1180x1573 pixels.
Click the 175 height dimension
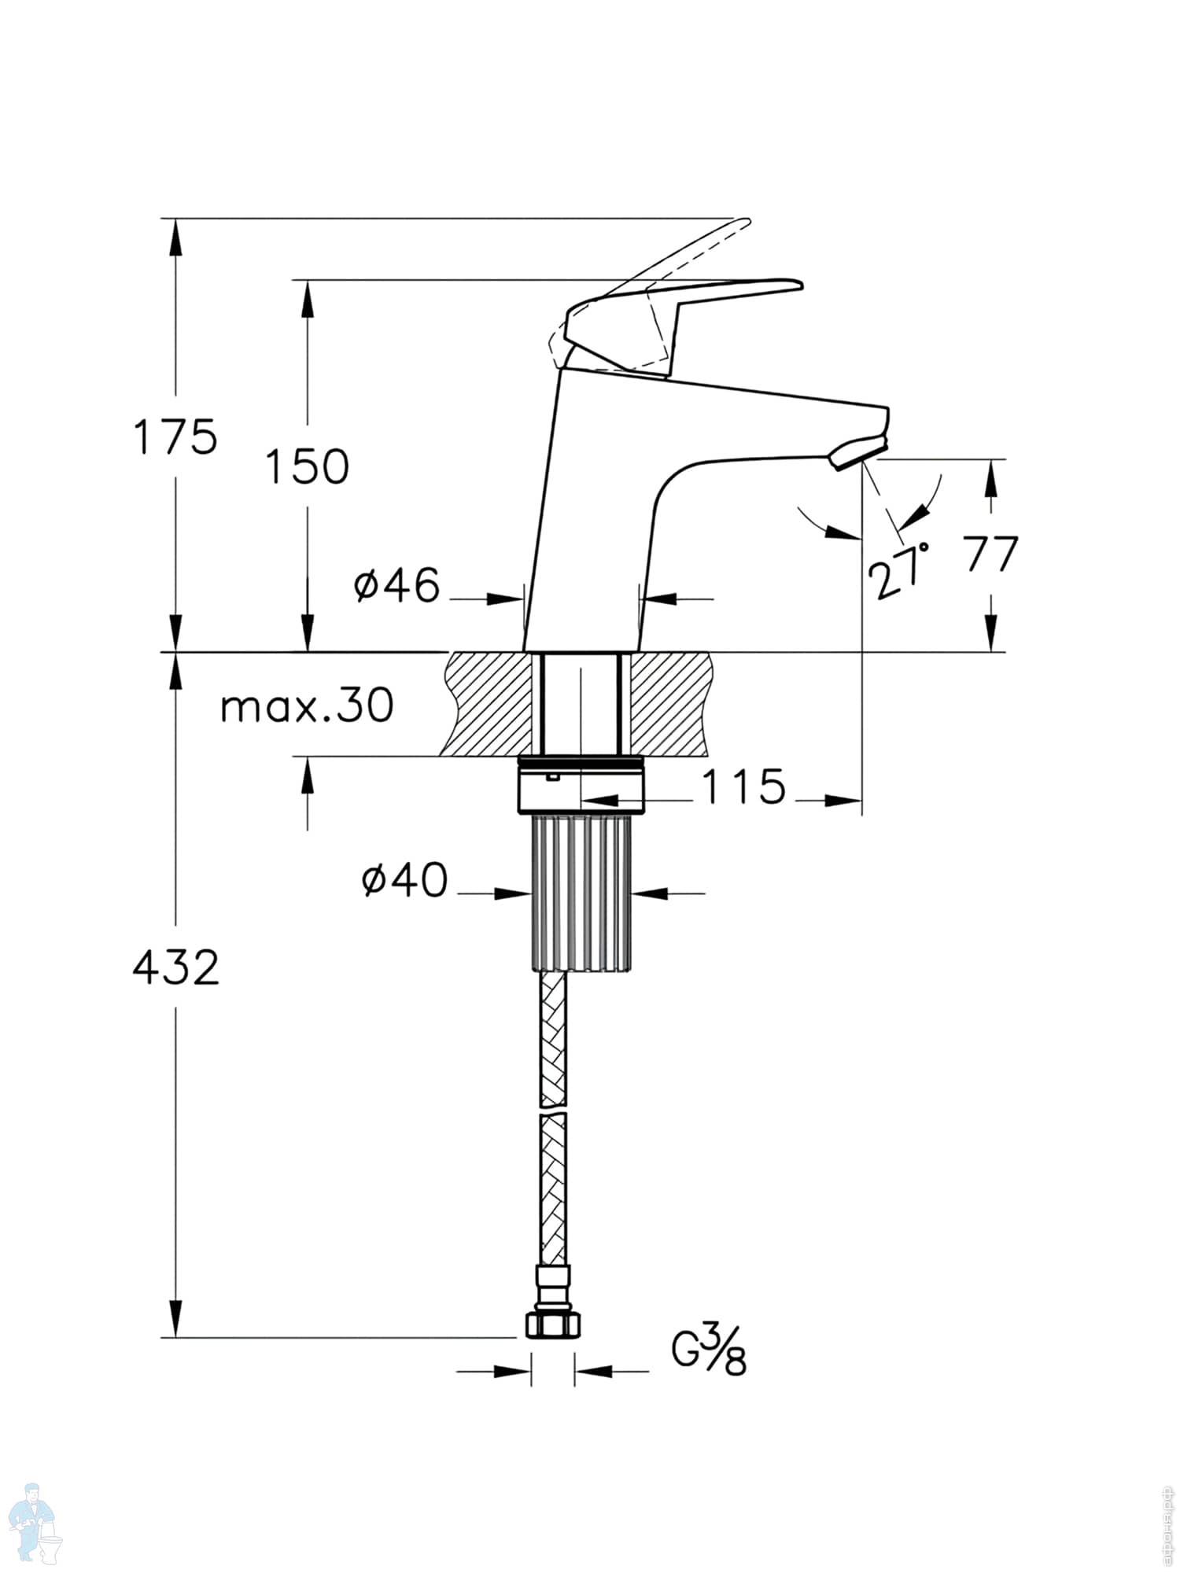tap(175, 437)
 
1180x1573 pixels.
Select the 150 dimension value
tap(307, 466)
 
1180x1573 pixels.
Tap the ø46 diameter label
tap(397, 586)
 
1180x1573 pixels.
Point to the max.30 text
tap(307, 706)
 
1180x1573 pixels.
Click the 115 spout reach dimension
tap(743, 786)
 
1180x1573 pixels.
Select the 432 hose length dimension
tap(175, 967)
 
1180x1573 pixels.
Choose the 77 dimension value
tap(991, 555)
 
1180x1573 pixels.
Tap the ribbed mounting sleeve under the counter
tap(581, 893)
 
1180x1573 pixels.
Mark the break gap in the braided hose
tap(552, 1111)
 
